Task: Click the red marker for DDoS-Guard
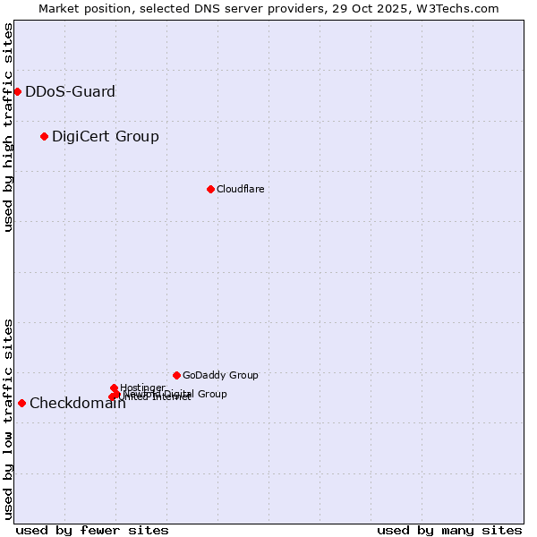[x=17, y=91]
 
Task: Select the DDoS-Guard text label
[x=70, y=91]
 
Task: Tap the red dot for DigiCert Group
[x=44, y=136]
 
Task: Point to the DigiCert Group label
[x=106, y=136]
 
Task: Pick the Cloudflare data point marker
[x=210, y=189]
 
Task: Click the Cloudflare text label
[x=240, y=189]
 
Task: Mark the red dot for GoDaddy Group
[x=176, y=375]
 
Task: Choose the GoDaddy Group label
[x=220, y=375]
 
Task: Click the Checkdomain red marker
[x=21, y=403]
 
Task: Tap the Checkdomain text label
[x=77, y=403]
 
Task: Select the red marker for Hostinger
[x=114, y=388]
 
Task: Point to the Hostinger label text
[x=142, y=388]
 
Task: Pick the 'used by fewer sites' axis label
[x=92, y=530]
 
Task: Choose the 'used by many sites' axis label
[x=449, y=530]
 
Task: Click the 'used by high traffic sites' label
[x=8, y=127]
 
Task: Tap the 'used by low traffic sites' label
[x=8, y=418]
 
